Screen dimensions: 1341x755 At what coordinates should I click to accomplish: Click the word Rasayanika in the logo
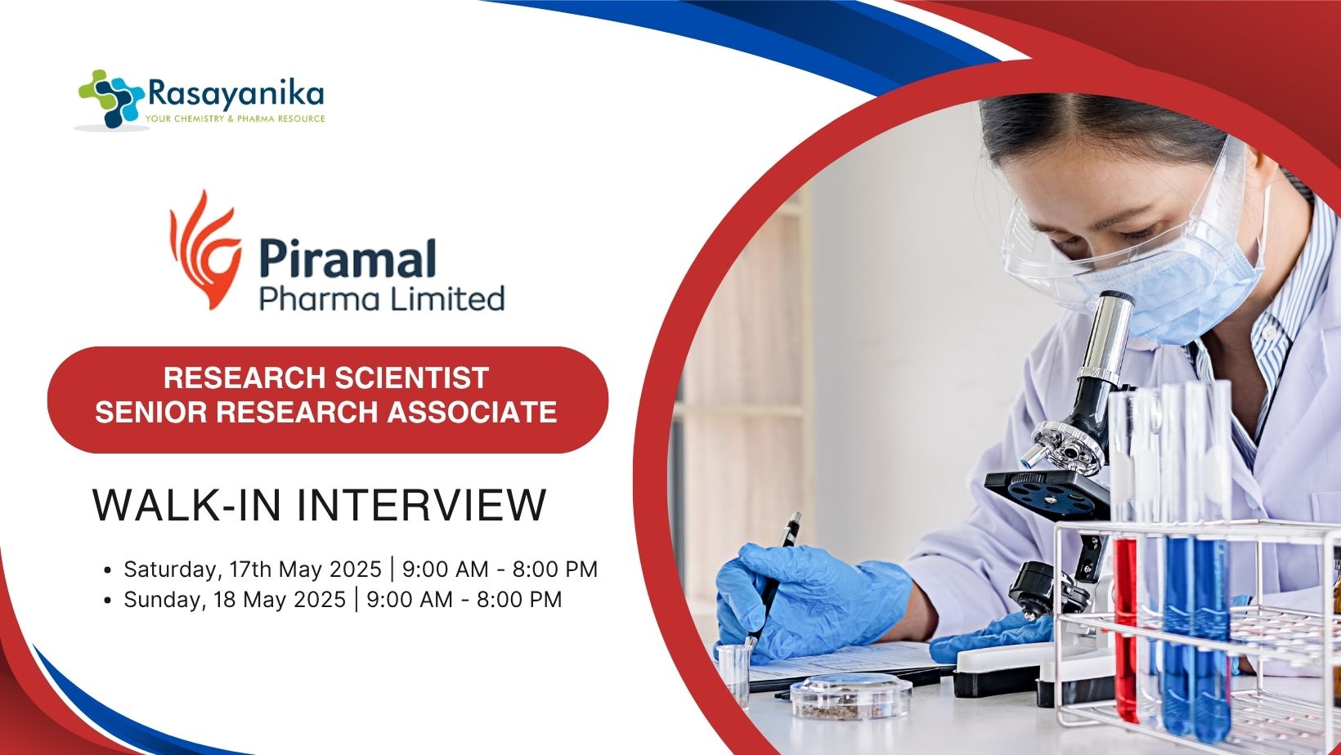(x=235, y=95)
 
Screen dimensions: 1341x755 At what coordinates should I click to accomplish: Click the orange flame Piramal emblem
(x=205, y=249)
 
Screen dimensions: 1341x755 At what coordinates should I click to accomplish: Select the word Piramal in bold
(x=348, y=258)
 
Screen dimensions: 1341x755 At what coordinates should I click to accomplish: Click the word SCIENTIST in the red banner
(x=412, y=377)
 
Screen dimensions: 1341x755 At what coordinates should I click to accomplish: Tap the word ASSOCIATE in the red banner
(x=472, y=412)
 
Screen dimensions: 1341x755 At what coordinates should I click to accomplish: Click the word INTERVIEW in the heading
(x=421, y=506)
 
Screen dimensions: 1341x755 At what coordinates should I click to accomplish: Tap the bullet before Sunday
(x=108, y=601)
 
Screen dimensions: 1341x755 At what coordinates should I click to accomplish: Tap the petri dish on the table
(x=850, y=696)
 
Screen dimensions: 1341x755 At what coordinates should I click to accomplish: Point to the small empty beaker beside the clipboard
(x=734, y=673)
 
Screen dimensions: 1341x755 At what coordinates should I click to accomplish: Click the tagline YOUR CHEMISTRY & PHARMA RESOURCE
(x=235, y=119)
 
